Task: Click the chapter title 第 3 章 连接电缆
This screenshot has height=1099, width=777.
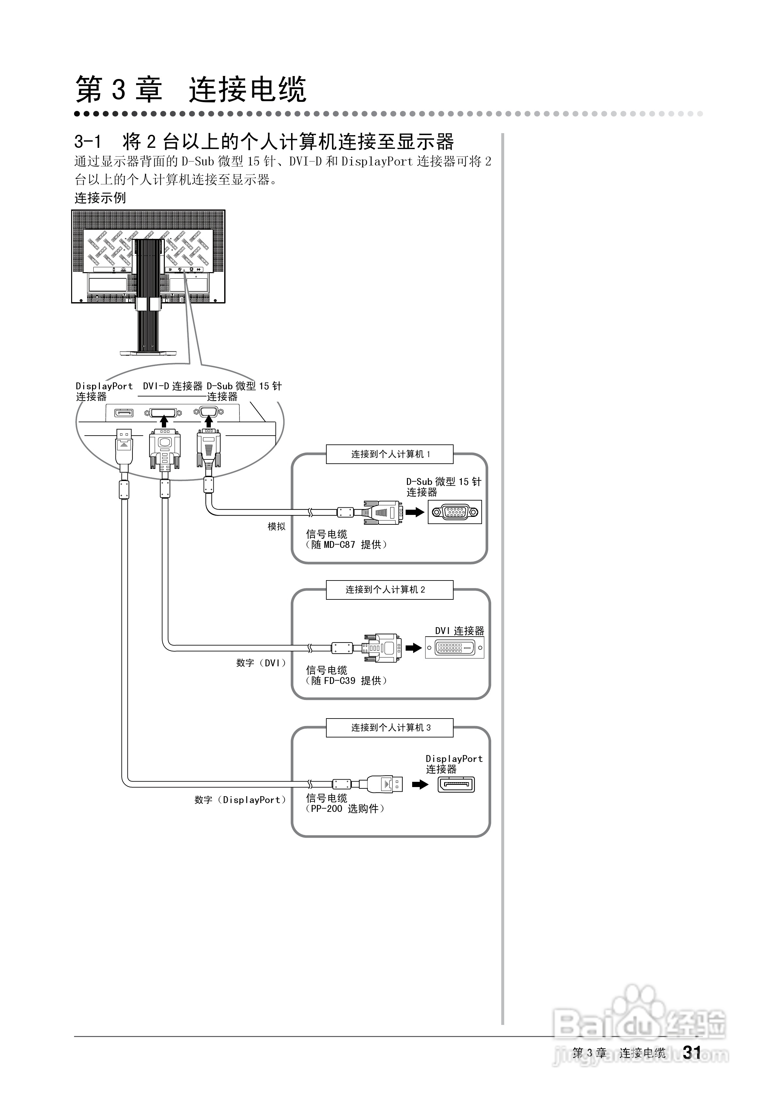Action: (x=191, y=89)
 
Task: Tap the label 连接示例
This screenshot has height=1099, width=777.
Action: (x=100, y=198)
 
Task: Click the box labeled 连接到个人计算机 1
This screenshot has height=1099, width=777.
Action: (x=390, y=454)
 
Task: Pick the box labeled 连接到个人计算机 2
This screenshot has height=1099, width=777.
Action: (x=390, y=590)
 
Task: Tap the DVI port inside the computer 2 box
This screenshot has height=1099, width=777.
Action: (x=454, y=648)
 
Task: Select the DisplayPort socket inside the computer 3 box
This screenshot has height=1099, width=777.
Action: (x=456, y=784)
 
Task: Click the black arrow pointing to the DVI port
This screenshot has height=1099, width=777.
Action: (x=414, y=648)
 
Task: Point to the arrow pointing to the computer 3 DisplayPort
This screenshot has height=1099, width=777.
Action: (x=420, y=784)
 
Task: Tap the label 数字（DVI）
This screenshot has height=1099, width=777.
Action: (x=261, y=663)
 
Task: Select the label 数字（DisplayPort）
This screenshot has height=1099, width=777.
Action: (x=240, y=800)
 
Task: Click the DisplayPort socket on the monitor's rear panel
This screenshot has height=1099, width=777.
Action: (x=123, y=412)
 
